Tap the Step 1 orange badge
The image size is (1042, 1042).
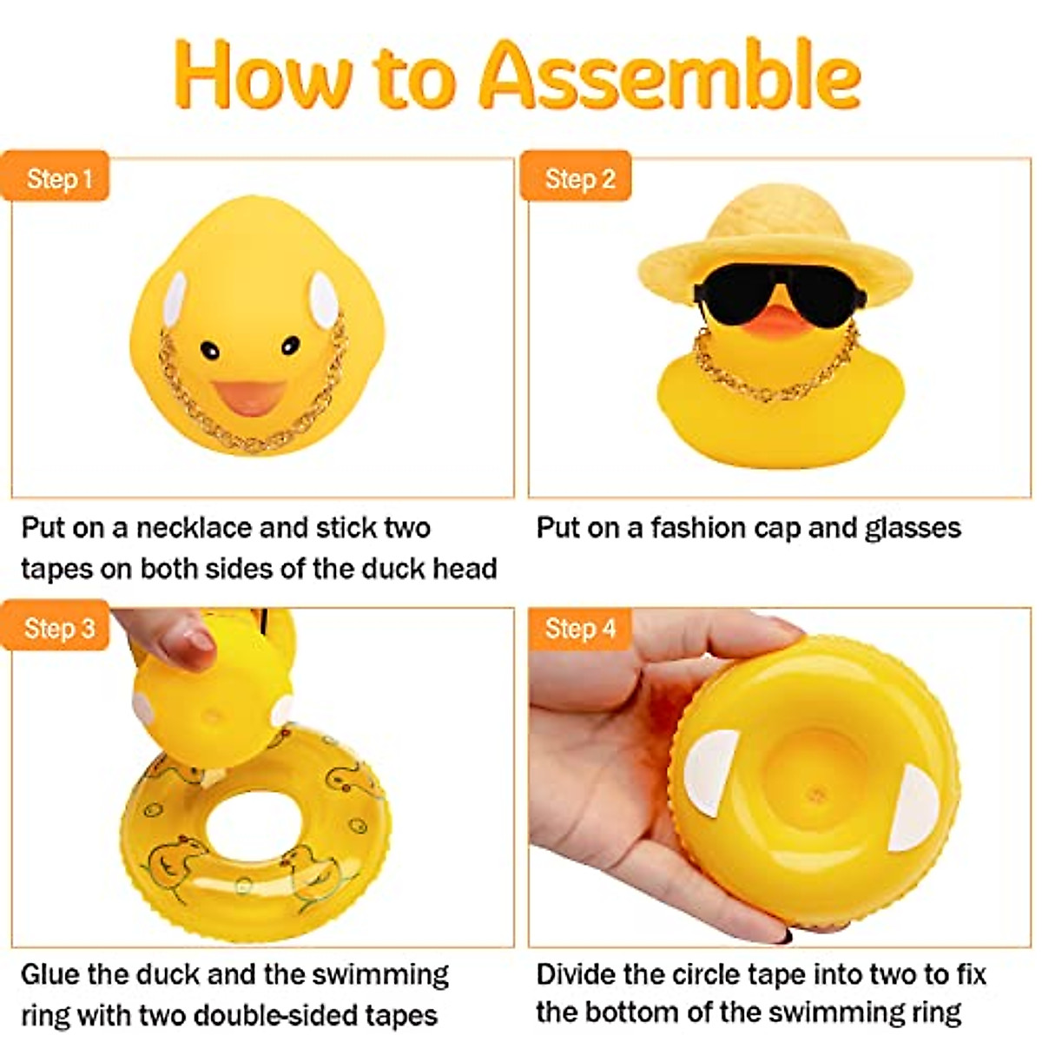tap(57, 179)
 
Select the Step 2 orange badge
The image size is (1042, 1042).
tap(577, 179)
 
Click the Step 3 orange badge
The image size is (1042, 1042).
tap(57, 628)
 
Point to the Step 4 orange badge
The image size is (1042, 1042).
tap(577, 628)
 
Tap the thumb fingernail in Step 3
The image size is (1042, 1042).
tap(198, 641)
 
